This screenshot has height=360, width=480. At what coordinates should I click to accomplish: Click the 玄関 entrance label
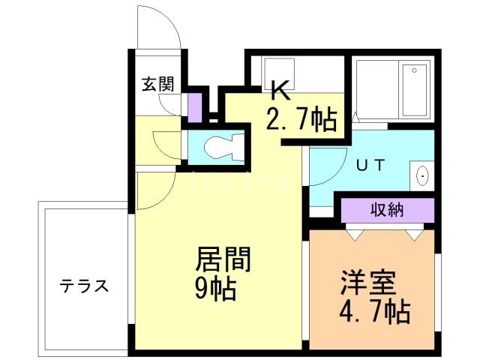coord(157,83)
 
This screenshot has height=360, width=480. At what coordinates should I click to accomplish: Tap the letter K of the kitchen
coord(279,91)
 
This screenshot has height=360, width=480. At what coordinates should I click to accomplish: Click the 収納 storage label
coord(387,210)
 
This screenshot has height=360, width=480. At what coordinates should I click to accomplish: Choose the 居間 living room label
coord(223,261)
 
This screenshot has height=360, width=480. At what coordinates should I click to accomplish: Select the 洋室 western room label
coord(367,284)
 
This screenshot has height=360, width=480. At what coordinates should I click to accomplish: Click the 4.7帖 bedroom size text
coord(373,310)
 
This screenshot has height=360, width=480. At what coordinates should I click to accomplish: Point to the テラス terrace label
coord(85,286)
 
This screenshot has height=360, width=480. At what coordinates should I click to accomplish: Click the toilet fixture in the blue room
coord(220,147)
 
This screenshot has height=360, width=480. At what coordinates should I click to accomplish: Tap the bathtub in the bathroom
coord(415,90)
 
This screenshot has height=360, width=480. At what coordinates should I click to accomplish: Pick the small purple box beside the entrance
coord(194,106)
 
